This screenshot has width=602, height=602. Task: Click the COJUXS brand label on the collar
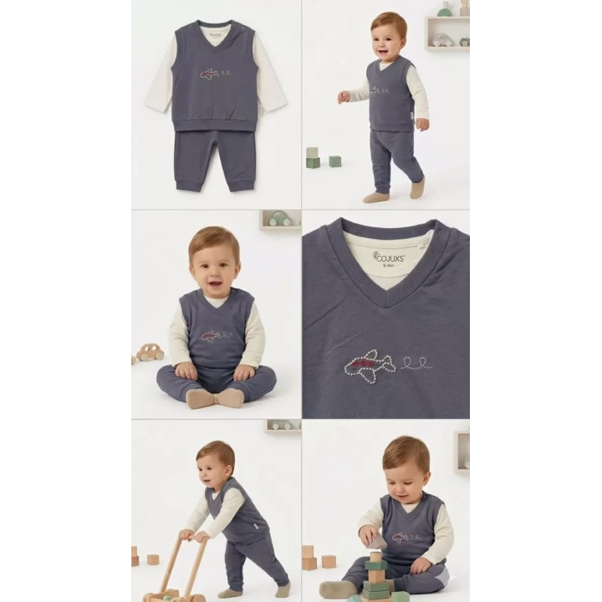pyautogui.click(x=389, y=257)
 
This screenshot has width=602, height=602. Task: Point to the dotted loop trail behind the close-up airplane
pyautogui.click(x=416, y=363)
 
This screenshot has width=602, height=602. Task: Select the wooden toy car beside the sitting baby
pyautogui.click(x=150, y=352)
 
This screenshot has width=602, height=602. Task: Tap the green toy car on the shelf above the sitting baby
pyautogui.click(x=280, y=219)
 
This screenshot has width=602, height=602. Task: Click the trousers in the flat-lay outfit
pyautogui.click(x=214, y=160)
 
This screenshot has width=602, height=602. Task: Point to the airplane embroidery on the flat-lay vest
pyautogui.click(x=210, y=74)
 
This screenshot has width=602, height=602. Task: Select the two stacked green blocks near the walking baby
pyautogui.click(x=312, y=158)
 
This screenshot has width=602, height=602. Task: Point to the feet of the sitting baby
pyautogui.click(x=214, y=397)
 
